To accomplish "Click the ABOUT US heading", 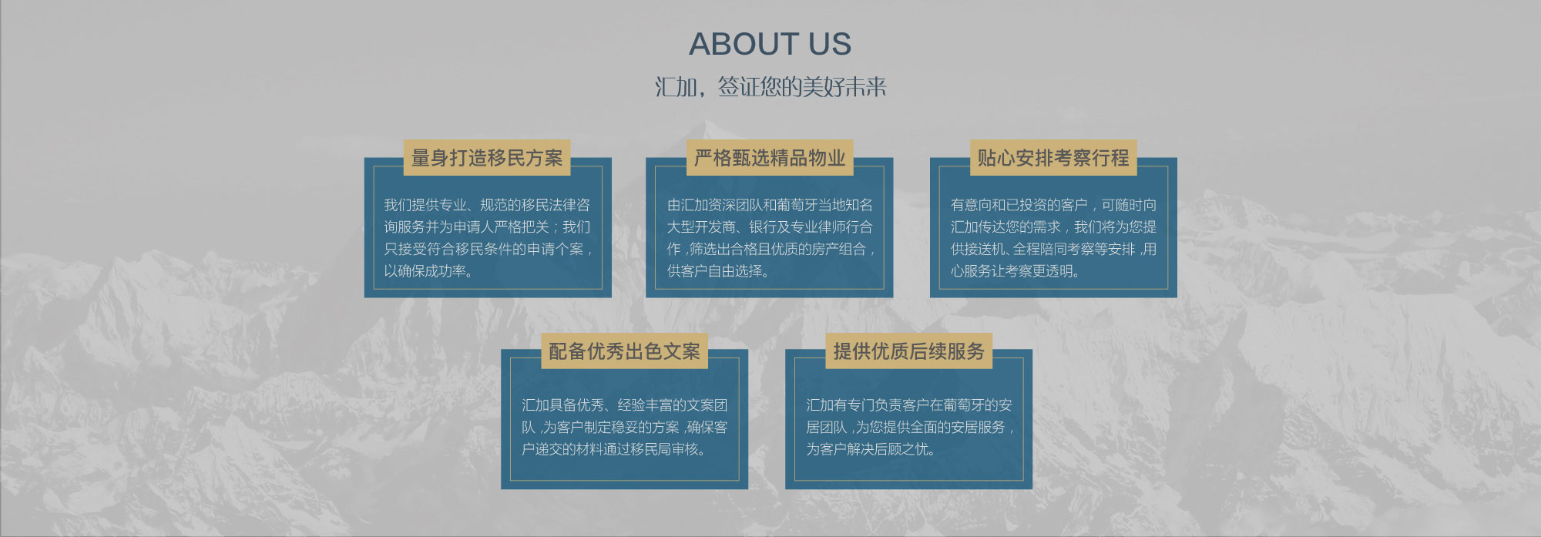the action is tap(770, 44).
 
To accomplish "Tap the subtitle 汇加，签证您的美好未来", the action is tap(770, 86).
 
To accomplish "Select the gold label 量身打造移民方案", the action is tap(487, 158).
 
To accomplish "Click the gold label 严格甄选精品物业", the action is tap(770, 158).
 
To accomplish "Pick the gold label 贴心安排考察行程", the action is tap(1053, 158).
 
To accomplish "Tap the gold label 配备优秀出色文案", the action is tap(624, 351).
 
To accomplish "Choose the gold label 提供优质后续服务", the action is tap(908, 351).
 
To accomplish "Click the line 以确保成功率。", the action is tap(428, 271).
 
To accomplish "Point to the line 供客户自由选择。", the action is tap(718, 271).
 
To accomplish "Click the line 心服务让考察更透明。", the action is tap(1015, 271).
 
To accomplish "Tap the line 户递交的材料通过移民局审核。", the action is tap(613, 449).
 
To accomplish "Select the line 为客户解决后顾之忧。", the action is tap(871, 449).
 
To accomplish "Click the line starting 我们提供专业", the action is tap(487, 205).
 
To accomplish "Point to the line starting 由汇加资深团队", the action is tap(770, 205).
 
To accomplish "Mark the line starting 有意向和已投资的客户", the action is tap(1053, 205).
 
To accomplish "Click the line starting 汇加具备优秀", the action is tap(624, 405).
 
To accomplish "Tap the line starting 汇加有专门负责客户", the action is tap(909, 405).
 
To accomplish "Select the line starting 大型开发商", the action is tap(770, 227).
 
